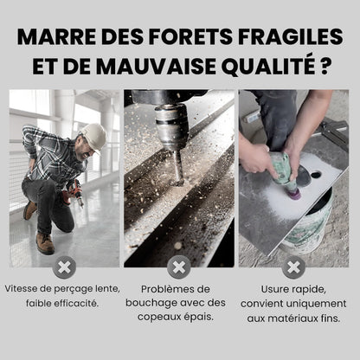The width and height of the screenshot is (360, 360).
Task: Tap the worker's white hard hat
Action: tap(93, 135)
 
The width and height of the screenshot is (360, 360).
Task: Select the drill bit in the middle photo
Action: tap(178, 169)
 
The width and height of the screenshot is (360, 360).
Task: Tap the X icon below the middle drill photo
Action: tap(179, 266)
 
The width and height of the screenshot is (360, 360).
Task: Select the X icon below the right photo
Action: tap(294, 266)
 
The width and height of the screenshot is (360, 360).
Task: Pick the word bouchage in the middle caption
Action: tap(159, 303)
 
